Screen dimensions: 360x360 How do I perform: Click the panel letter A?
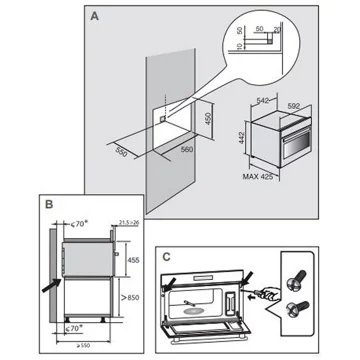pos(92,17)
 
